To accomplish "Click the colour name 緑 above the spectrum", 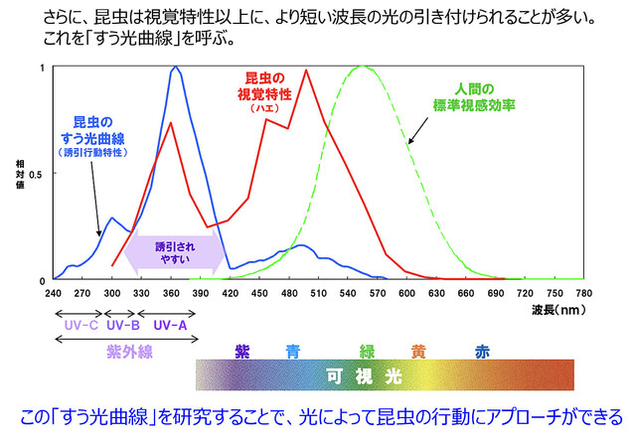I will click(x=368, y=351).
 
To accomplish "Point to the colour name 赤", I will click(x=481, y=351).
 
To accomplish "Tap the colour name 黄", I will click(x=419, y=351).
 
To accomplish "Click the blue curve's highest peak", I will click(x=176, y=68).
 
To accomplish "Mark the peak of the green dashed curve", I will click(x=363, y=68).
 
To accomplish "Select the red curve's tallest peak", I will click(x=307, y=70).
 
